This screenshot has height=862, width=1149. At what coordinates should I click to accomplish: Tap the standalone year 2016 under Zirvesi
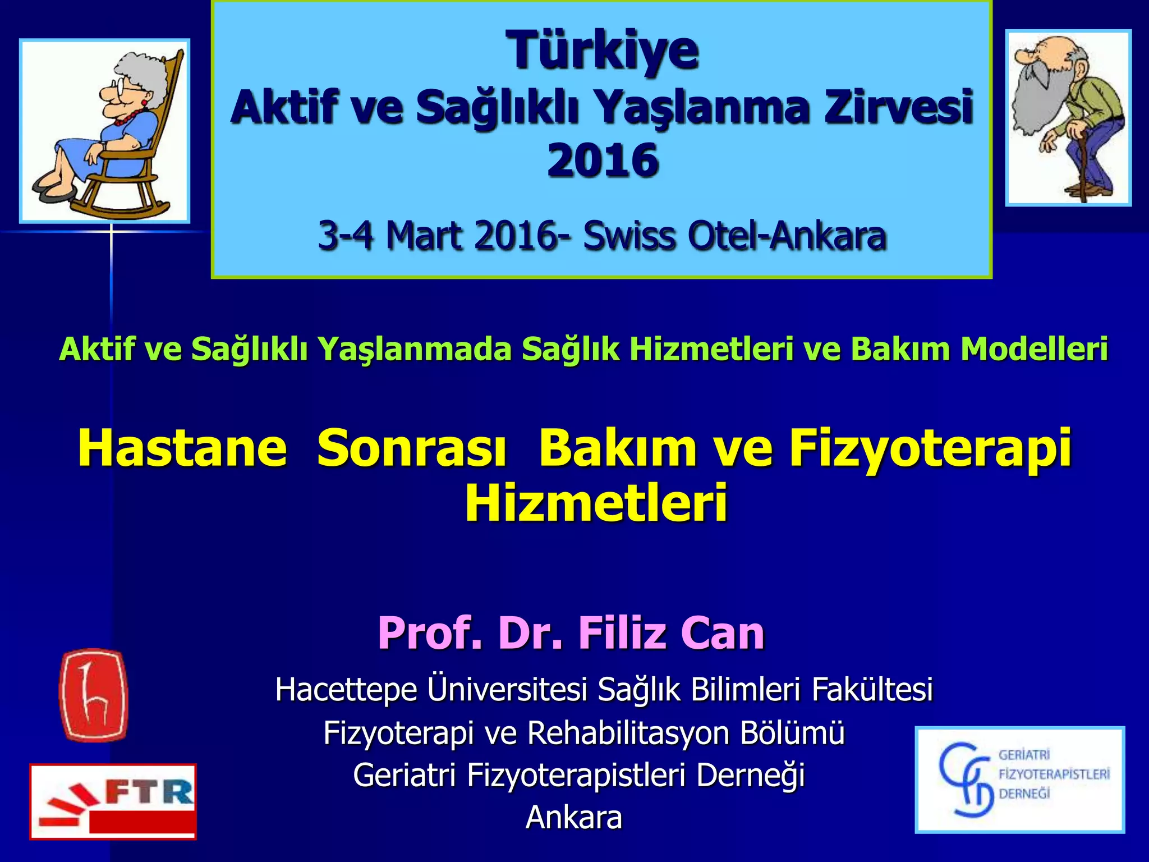point(603,161)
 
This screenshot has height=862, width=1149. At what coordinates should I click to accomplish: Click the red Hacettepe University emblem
point(93,695)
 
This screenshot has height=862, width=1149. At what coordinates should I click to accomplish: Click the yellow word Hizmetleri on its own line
point(596,502)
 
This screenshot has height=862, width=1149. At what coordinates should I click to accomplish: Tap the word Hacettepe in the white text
point(346,690)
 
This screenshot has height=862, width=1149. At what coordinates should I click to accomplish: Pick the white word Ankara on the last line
point(574,818)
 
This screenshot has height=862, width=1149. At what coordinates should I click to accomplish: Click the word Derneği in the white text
point(750,776)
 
